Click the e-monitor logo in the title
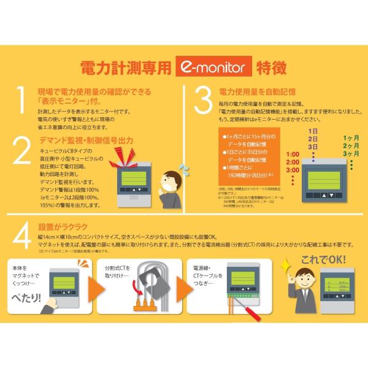tap(210, 66)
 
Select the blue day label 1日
tap(313, 131)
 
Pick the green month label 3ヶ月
tap(351, 154)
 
